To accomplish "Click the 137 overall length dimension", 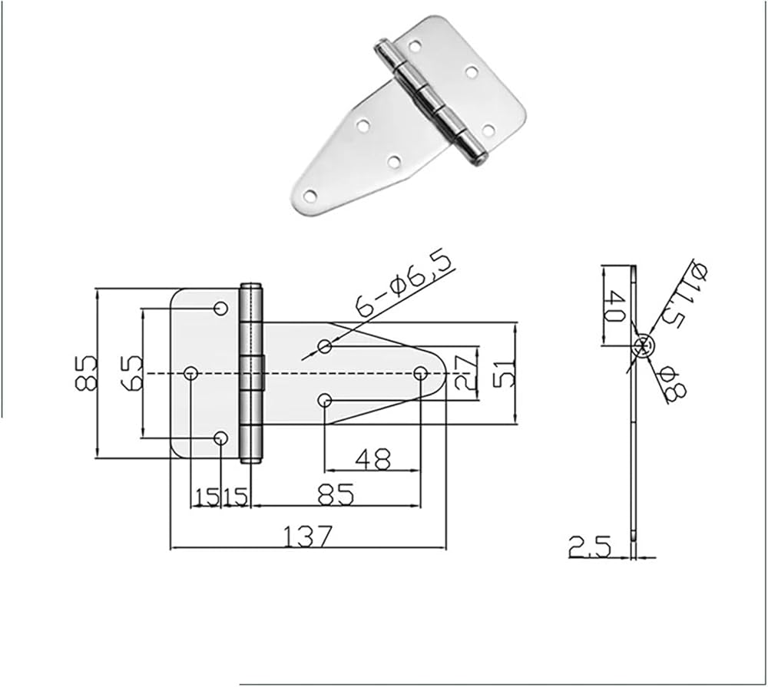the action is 308,536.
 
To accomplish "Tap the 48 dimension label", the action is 373,459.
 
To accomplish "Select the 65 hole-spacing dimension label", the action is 131,374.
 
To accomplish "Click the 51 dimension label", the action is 505,374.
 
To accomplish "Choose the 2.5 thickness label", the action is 590,547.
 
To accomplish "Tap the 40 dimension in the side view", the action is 614,306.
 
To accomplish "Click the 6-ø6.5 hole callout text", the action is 405,284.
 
